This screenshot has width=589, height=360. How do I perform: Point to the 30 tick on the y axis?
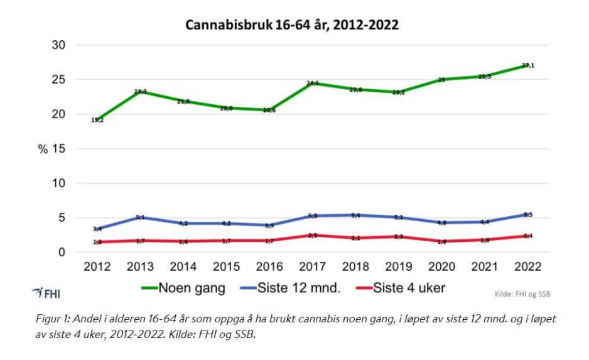coord(58,45)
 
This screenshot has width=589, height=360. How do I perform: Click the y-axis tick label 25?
coord(58,80)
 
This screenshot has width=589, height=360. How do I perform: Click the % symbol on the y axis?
coord(45,149)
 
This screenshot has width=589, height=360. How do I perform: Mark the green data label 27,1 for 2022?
coord(528,65)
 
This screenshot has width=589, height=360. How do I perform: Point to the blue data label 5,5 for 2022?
coord(528,215)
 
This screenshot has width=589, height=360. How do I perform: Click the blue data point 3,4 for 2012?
coord(97,229)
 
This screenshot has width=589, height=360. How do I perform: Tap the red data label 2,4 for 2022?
coord(528,236)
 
